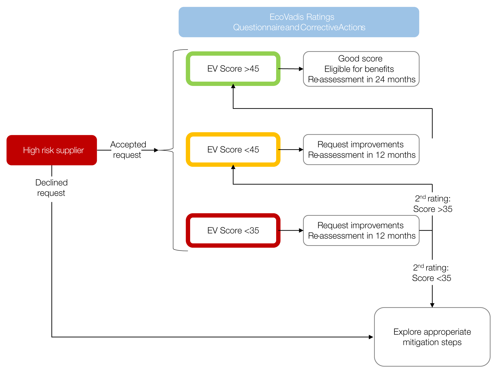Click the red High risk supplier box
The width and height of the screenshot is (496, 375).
pyautogui.click(x=52, y=150)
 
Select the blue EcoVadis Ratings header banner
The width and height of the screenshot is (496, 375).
pyautogui.click(x=299, y=22)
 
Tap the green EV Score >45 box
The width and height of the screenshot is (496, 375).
pyautogui.click(x=233, y=69)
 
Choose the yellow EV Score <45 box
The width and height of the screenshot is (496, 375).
pyautogui.click(x=233, y=149)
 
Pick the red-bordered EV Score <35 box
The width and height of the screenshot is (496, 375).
pyautogui.click(x=233, y=230)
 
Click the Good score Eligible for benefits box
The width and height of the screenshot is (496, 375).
pyautogui.click(x=361, y=69)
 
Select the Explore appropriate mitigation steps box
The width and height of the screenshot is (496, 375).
pyautogui.click(x=432, y=337)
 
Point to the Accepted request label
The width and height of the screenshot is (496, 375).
pyautogui.click(x=128, y=149)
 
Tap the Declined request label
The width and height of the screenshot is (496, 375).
pyautogui.click(x=51, y=188)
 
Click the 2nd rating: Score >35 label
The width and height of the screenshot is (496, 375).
pyautogui.click(x=432, y=204)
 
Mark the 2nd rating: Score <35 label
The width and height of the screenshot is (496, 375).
pyautogui.click(x=431, y=273)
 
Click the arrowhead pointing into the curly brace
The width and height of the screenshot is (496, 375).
pyautogui.click(x=156, y=150)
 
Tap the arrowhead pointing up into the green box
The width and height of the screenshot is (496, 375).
pyautogui.click(x=233, y=86)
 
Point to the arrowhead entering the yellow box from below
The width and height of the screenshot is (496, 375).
pyautogui.click(x=233, y=167)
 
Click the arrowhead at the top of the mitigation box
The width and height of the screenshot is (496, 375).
pyautogui.click(x=432, y=305)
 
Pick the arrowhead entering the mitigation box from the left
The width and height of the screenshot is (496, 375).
pyautogui.click(x=371, y=337)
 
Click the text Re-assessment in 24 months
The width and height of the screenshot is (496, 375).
pyautogui.click(x=362, y=79)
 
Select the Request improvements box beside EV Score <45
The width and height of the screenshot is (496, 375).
pyautogui.click(x=361, y=149)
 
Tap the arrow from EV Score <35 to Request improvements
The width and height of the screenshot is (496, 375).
pyautogui.click(x=291, y=230)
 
